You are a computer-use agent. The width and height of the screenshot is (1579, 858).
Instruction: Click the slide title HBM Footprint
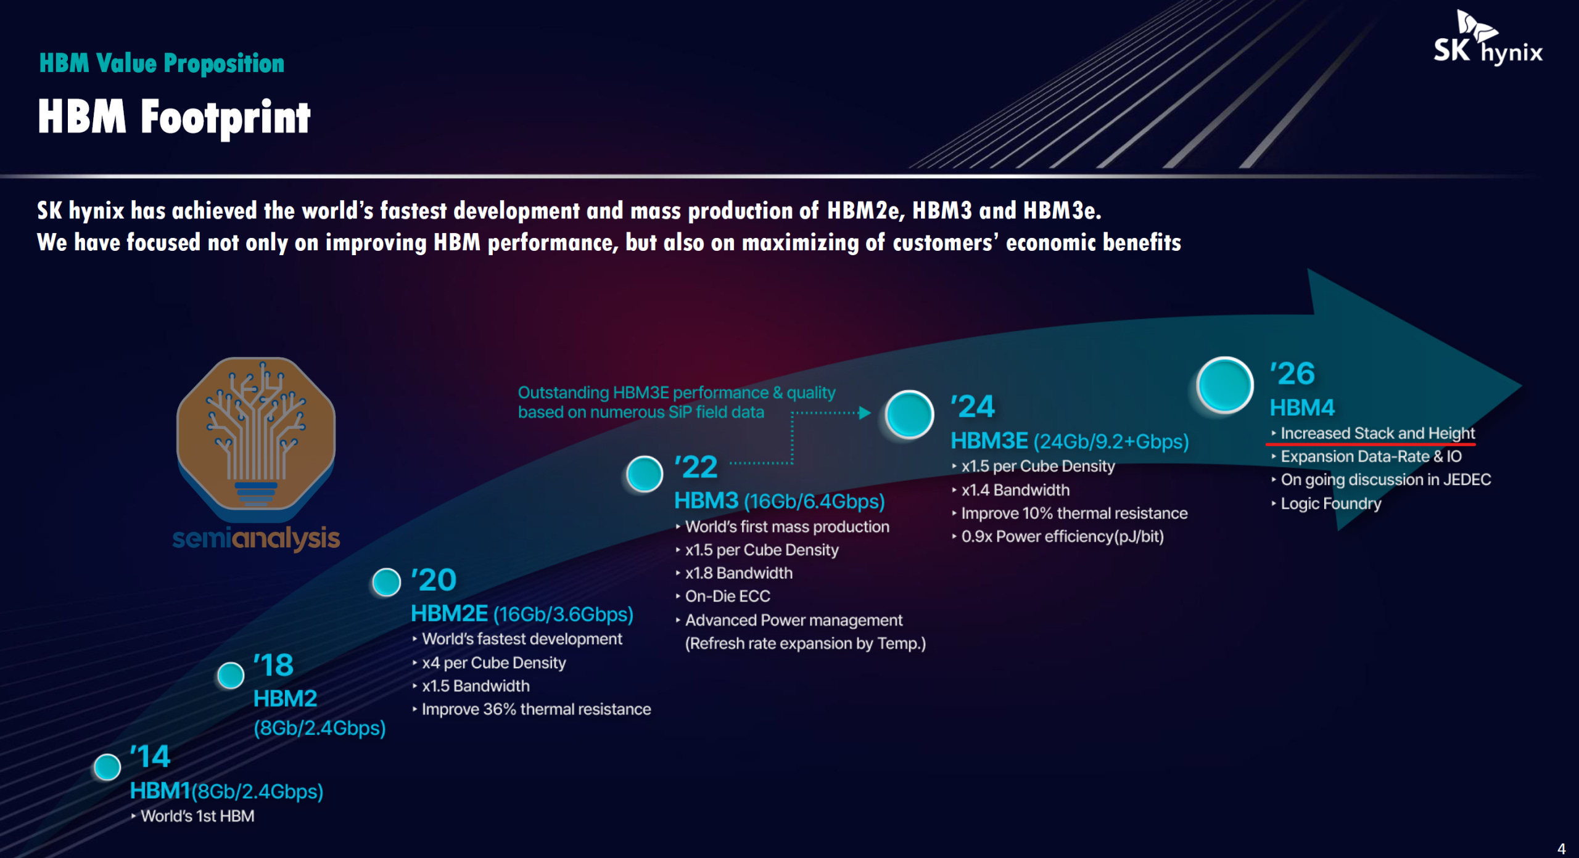(x=174, y=117)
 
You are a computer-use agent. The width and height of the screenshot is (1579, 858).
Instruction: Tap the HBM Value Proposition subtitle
(x=162, y=63)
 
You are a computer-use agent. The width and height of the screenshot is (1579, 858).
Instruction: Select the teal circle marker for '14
(x=107, y=767)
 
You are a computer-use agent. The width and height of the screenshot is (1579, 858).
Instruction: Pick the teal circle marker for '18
(x=231, y=676)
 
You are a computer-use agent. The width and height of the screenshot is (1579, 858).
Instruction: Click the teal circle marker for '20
(x=387, y=582)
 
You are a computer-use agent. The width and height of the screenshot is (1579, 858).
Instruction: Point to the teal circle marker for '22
(x=645, y=473)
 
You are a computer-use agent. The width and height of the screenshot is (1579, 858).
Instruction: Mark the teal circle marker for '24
(x=909, y=414)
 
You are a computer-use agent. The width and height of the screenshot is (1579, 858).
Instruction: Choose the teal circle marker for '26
(x=1225, y=385)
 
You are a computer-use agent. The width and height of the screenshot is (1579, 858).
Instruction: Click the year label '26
(x=1292, y=374)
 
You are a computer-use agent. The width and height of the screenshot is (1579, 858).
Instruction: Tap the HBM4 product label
(x=1302, y=407)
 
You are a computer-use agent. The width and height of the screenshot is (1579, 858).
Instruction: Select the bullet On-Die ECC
(x=724, y=596)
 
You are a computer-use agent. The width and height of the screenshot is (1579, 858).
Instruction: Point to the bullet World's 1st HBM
(x=192, y=816)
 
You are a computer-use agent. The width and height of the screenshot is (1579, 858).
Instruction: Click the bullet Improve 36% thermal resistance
(x=532, y=709)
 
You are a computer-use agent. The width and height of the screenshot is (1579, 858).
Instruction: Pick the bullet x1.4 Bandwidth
(x=1011, y=490)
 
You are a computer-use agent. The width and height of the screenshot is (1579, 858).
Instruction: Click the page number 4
(x=1561, y=848)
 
